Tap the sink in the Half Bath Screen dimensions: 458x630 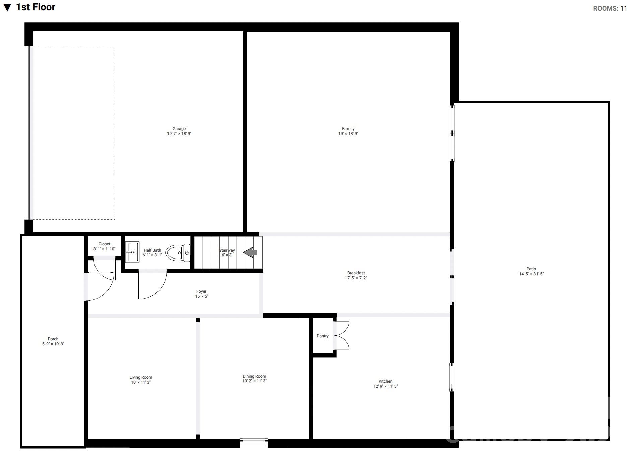pos(132,252)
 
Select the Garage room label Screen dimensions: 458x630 pos(179,129)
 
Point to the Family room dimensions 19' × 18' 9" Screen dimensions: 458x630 pos(348,134)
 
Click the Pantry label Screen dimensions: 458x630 pos(322,336)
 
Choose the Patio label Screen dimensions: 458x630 pos(531,269)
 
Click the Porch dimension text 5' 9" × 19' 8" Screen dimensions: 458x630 pos(53,344)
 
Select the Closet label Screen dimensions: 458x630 pos(104,244)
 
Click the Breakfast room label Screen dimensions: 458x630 pos(356,273)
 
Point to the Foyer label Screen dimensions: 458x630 pos(201,291)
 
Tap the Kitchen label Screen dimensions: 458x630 pos(385,381)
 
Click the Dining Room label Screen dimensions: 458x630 pos(254,376)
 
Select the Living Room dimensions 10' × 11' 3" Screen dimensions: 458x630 pos(141,382)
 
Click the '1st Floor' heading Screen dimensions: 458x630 pos(36,7)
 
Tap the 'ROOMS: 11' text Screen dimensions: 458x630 pos(610,9)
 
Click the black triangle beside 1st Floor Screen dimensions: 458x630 pos(7,8)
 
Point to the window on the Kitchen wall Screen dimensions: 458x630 pos(452,377)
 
